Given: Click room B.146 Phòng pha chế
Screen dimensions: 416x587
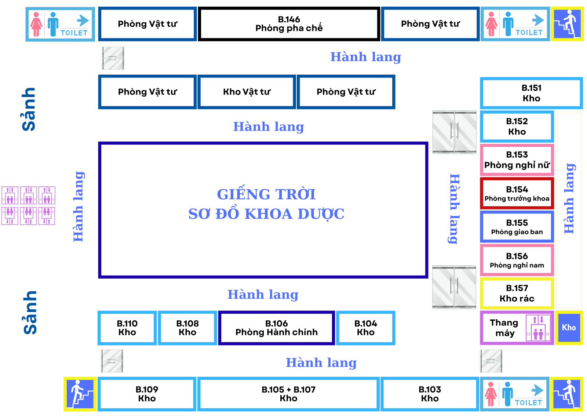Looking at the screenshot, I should coord(289,24).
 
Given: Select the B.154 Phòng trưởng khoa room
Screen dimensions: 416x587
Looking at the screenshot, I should coord(517,194).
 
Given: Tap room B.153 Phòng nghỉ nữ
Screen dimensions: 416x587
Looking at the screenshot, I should coord(517,160).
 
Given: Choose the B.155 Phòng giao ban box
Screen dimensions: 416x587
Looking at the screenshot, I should coord(517,227).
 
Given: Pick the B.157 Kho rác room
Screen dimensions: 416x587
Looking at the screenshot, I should coord(517,293).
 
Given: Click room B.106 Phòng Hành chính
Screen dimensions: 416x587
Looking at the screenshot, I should coord(276,328).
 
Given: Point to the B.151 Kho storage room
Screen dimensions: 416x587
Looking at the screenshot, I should coord(531,93).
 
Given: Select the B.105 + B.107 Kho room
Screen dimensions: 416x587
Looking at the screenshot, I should coord(288,394).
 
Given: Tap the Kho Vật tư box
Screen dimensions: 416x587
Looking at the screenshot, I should coord(247,92).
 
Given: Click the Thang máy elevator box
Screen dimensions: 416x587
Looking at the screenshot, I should coord(517,328).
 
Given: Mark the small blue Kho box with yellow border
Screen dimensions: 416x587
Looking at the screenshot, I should coord(569,327).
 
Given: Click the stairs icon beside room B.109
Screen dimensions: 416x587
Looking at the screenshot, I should coord(80,394).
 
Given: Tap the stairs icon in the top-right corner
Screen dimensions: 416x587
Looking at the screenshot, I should coord(567,24).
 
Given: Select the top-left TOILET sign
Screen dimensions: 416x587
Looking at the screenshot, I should coord(60,24).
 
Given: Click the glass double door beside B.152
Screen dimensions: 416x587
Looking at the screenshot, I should coord(454,132).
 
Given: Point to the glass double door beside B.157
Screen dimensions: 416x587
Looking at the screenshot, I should coord(454,287).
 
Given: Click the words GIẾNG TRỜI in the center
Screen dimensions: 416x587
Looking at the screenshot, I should coord(266,194).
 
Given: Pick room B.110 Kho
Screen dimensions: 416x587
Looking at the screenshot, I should coord(127,328).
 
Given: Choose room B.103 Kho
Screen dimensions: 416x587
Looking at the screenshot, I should coord(430,394).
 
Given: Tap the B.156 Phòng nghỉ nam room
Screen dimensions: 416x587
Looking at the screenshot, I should coord(517,260).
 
